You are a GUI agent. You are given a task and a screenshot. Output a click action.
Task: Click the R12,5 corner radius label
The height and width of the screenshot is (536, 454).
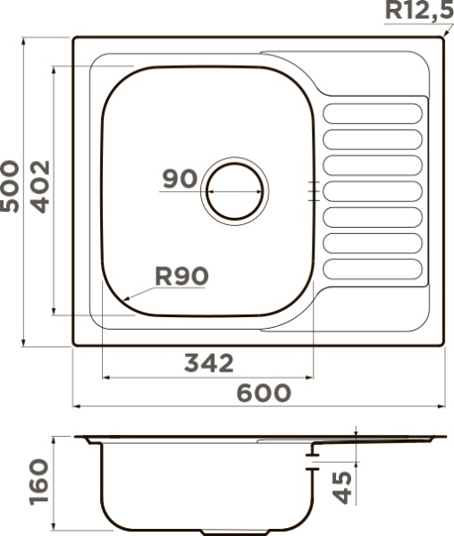pos(419,11)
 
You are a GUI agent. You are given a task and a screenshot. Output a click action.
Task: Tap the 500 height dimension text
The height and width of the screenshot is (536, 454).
pos(10,187)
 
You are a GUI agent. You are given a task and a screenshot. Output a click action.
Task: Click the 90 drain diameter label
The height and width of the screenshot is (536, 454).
pos(180,179)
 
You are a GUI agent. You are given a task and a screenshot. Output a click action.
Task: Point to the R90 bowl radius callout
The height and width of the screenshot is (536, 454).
pos(181,276)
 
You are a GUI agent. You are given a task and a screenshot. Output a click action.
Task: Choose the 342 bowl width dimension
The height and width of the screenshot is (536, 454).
pos(209,363)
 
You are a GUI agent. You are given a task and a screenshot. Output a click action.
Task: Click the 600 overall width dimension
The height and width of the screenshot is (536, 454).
pos(264,393)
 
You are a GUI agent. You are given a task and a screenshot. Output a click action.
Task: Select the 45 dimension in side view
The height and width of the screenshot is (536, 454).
pos(342,488)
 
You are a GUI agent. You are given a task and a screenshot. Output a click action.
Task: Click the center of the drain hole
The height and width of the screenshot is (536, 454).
pos(235,191)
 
